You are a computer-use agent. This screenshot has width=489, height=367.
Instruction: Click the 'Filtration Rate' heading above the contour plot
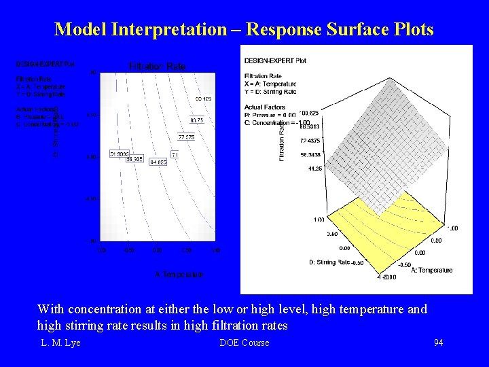tap(157, 66)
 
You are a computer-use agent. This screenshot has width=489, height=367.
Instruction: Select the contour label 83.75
tap(196, 120)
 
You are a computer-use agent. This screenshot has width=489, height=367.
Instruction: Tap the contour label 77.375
tap(187, 137)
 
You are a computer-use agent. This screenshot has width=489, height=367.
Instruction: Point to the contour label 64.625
tap(158, 162)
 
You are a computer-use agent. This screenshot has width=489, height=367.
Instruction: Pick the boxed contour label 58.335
tap(134, 159)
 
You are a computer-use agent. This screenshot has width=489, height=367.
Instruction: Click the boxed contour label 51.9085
tap(120, 154)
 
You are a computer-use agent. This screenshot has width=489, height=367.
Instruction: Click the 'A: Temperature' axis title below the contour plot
tap(179, 275)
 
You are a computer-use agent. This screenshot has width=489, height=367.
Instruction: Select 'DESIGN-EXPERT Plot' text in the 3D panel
tap(275, 60)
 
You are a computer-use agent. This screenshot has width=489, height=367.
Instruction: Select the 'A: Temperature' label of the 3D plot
tap(433, 270)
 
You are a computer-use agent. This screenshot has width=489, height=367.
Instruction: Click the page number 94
tap(438, 343)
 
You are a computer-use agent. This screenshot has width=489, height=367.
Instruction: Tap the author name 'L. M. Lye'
tap(60, 343)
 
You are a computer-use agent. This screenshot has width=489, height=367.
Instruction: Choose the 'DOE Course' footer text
tap(244, 343)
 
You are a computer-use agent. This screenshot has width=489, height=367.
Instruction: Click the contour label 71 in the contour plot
tap(175, 155)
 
